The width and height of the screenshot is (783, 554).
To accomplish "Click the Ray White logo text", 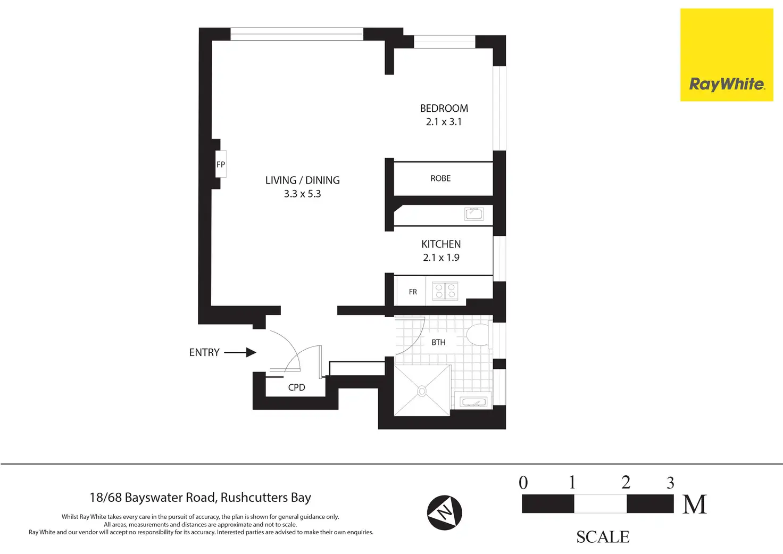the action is click(x=727, y=85).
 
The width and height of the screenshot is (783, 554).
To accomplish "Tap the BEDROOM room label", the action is click(x=444, y=109).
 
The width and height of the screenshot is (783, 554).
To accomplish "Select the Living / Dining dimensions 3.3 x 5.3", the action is click(x=302, y=194).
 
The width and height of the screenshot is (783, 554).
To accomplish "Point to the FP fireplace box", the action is click(x=221, y=164).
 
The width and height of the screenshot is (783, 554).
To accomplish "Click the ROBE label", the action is click(x=440, y=178).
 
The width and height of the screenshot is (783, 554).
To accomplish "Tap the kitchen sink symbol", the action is click(x=474, y=214).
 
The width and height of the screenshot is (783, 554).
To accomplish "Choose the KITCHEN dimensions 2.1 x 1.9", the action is click(x=441, y=258).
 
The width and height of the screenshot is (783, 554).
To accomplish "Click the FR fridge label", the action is click(x=413, y=292).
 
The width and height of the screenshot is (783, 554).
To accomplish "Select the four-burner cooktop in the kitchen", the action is click(x=445, y=291).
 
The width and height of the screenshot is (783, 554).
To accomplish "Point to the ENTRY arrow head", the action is click(x=251, y=352).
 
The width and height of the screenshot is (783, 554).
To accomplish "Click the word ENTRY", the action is click(x=204, y=352).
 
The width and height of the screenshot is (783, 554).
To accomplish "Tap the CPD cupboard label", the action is click(x=296, y=387).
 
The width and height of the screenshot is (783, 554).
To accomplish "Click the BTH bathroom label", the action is click(x=438, y=342).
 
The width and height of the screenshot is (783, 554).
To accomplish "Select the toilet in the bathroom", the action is click(x=479, y=335).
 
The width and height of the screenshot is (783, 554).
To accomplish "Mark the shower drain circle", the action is click(x=422, y=391).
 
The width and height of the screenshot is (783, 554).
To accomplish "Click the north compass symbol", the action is click(x=445, y=512).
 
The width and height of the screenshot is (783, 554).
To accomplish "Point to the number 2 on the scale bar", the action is click(x=626, y=483).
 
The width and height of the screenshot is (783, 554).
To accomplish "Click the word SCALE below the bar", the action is click(x=603, y=537).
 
